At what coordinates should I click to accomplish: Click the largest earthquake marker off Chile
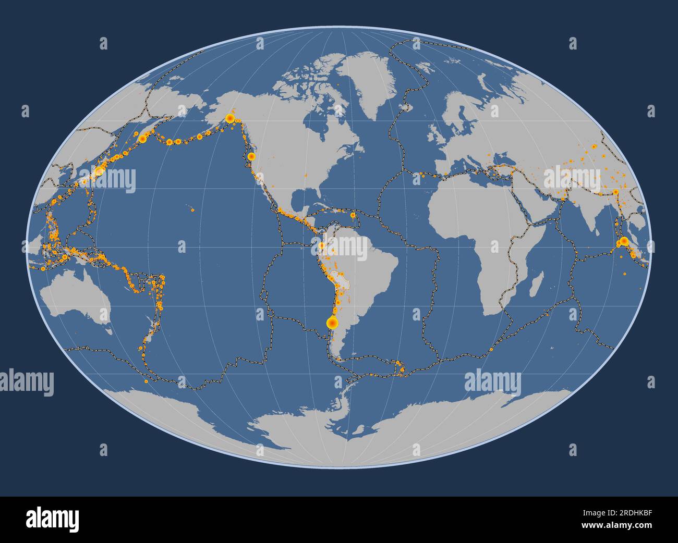click(x=331, y=323)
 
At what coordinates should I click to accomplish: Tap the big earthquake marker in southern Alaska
click(x=229, y=118)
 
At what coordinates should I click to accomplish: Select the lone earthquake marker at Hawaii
click(x=192, y=210)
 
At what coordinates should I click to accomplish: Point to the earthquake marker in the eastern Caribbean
click(x=353, y=214)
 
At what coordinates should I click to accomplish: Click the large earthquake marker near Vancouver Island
click(x=251, y=156)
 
